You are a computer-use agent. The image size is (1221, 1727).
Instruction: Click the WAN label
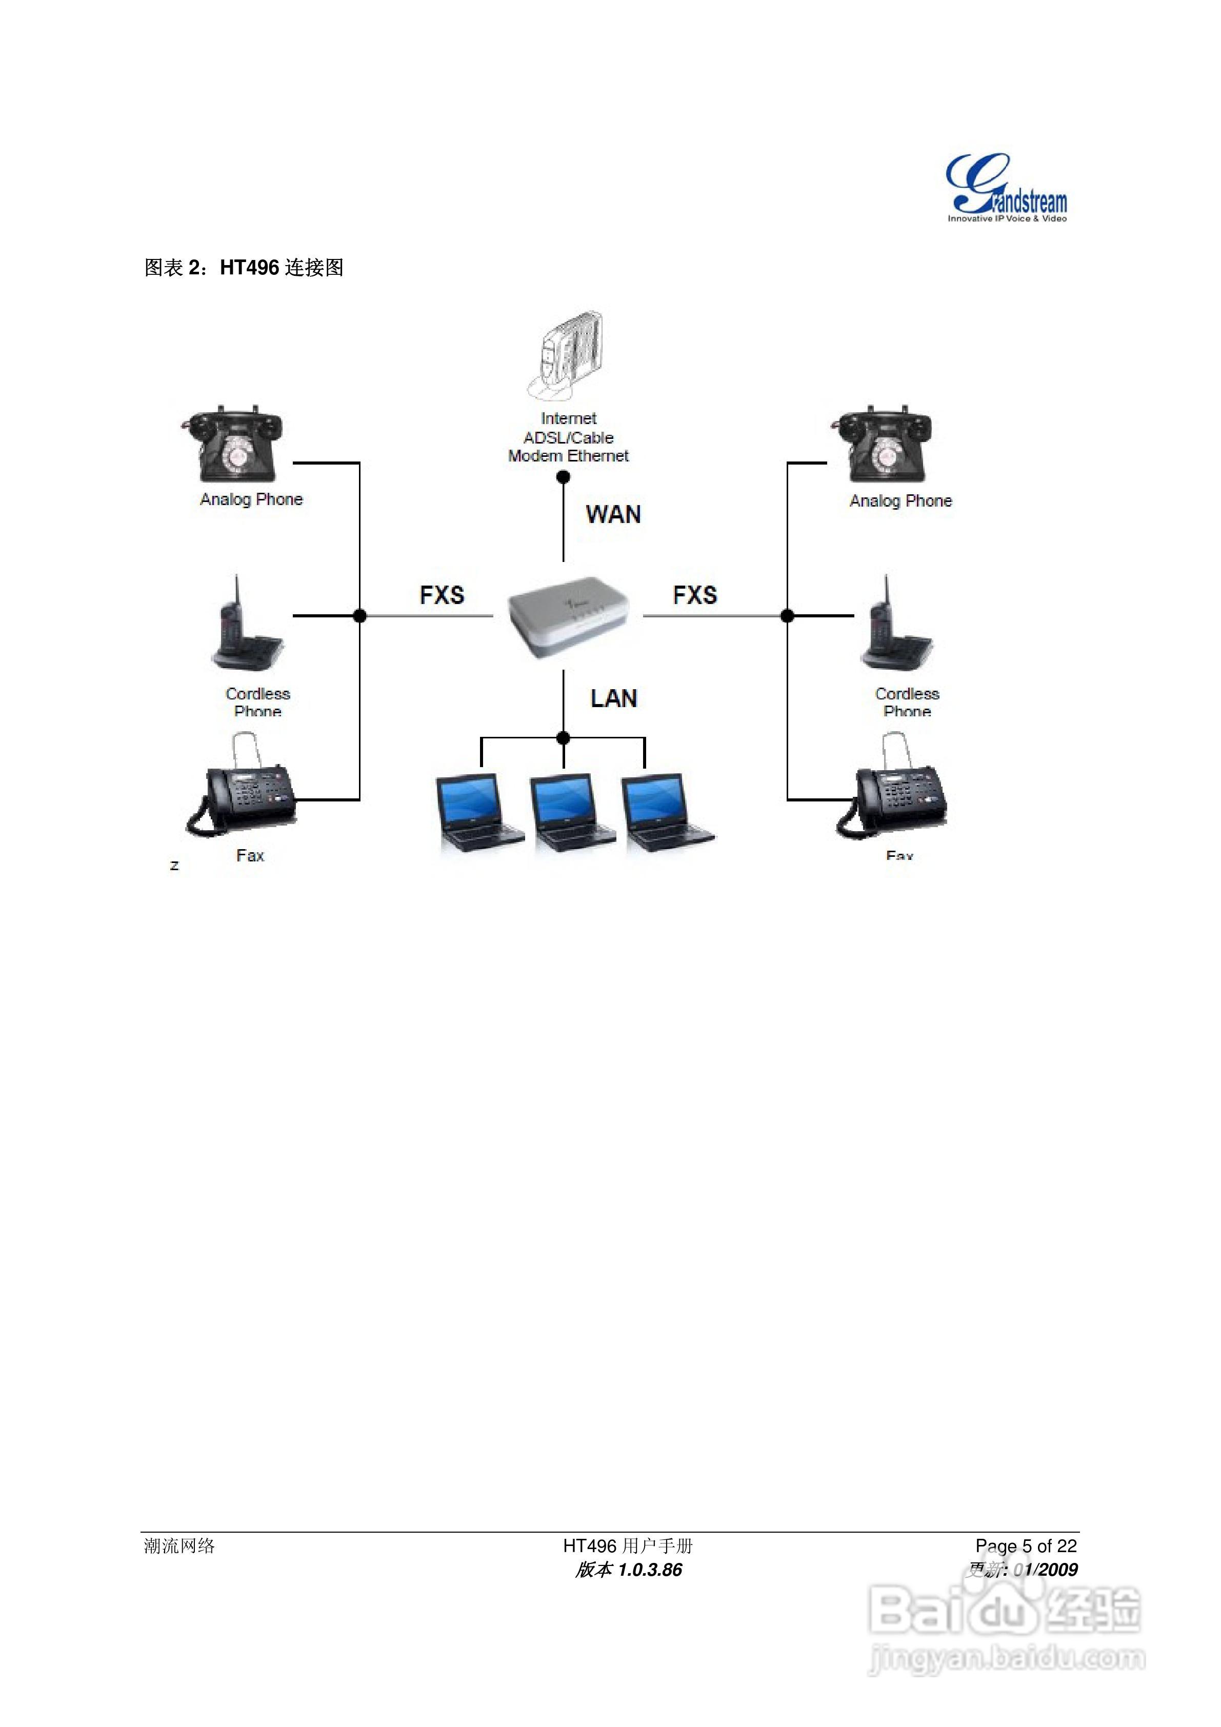pos(613,514)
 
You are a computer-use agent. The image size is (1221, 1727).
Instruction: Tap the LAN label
pos(614,699)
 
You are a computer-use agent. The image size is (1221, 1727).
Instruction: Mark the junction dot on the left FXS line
pos(359,616)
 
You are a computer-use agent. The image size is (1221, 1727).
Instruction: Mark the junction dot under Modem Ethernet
pos(563,477)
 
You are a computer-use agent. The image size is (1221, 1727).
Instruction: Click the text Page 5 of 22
pos(1026,1545)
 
